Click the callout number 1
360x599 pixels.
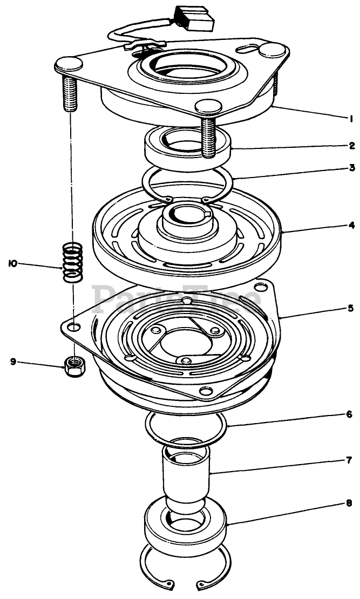350,119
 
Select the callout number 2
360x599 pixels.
351,146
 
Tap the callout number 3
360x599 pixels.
352,168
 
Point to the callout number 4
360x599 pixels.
351,224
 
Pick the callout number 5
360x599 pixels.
350,308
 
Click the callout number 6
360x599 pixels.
349,414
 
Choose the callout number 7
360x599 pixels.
349,460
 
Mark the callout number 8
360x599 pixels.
349,503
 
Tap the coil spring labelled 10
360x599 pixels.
73,262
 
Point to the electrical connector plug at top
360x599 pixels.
194,18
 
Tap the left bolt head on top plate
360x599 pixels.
69,64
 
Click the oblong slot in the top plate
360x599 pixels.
247,49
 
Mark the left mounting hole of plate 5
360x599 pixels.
75,327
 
